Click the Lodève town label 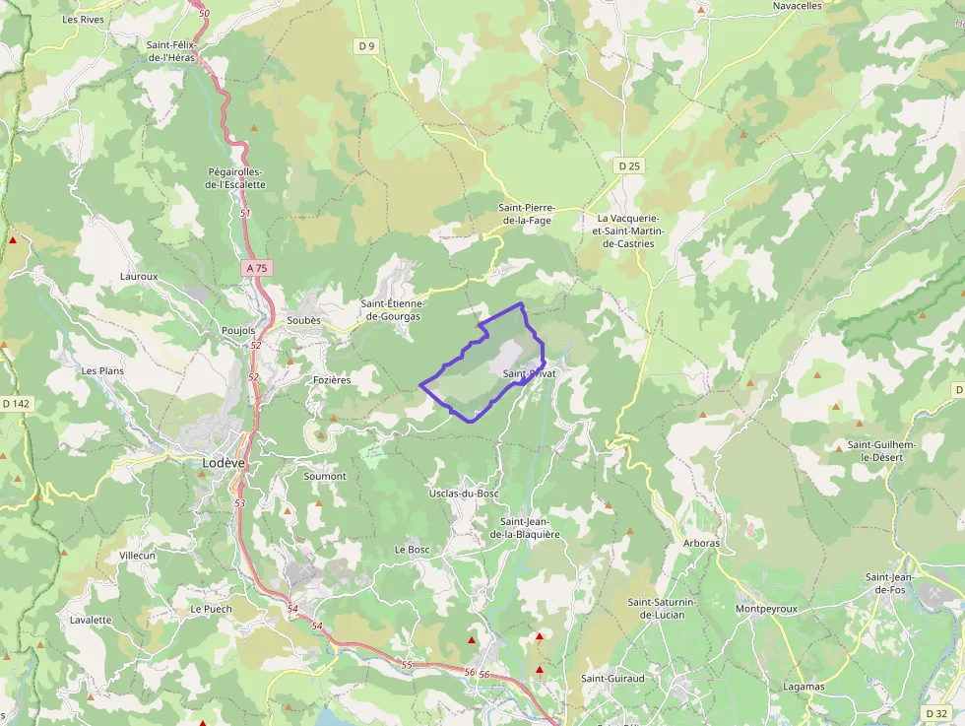coord(224,462)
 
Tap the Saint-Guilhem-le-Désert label coord(881,451)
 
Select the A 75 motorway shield coord(257,268)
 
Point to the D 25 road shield coord(629,166)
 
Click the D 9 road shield coord(367,45)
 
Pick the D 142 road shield coord(16,403)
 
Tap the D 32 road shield coord(936,712)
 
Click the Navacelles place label coord(797,6)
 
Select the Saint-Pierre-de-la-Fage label coord(527,214)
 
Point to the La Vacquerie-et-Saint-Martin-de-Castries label coord(630,231)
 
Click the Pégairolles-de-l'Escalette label coord(236,177)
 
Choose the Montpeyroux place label coord(766,609)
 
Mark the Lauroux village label coord(139,277)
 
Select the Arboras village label coord(701,543)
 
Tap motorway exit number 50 coord(204,13)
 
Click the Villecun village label coord(138,556)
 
